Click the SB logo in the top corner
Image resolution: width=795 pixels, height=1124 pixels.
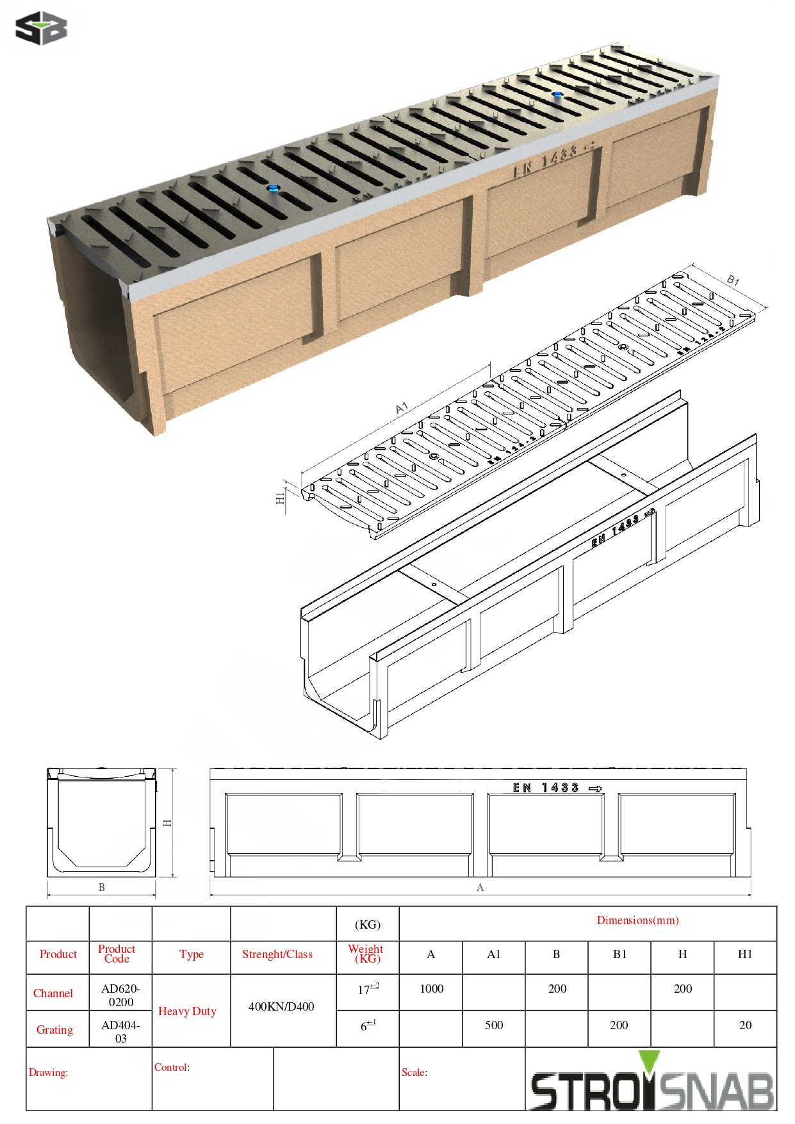coord(41,28)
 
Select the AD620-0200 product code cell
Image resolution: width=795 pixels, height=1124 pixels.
coord(120,995)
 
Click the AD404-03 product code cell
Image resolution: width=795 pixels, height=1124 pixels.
coord(120,1031)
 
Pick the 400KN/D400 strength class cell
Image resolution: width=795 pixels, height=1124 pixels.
coord(281,1006)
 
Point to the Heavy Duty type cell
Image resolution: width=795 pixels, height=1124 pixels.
coord(187,1011)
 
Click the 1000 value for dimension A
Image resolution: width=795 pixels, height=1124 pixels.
coord(431,988)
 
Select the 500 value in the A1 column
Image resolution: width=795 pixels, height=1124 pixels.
coord(493,1025)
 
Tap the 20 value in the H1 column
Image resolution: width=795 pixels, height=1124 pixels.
coord(745,1025)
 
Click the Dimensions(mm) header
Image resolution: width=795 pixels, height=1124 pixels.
coord(637,920)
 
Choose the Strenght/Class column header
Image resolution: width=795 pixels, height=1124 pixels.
coord(277,954)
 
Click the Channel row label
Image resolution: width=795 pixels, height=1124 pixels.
coord(53,993)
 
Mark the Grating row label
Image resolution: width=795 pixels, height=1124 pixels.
coord(54,1029)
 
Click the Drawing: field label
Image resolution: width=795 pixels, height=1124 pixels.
coord(48,1072)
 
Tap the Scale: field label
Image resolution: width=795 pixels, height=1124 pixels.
coord(414,1072)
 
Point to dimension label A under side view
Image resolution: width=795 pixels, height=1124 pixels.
coord(480,887)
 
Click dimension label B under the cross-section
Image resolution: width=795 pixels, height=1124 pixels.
coord(101,887)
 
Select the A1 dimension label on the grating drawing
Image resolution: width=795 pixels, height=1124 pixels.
coord(402,408)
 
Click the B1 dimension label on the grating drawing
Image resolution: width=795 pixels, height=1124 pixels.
coord(733,280)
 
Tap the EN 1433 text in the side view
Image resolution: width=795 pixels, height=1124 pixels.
coord(546,788)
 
